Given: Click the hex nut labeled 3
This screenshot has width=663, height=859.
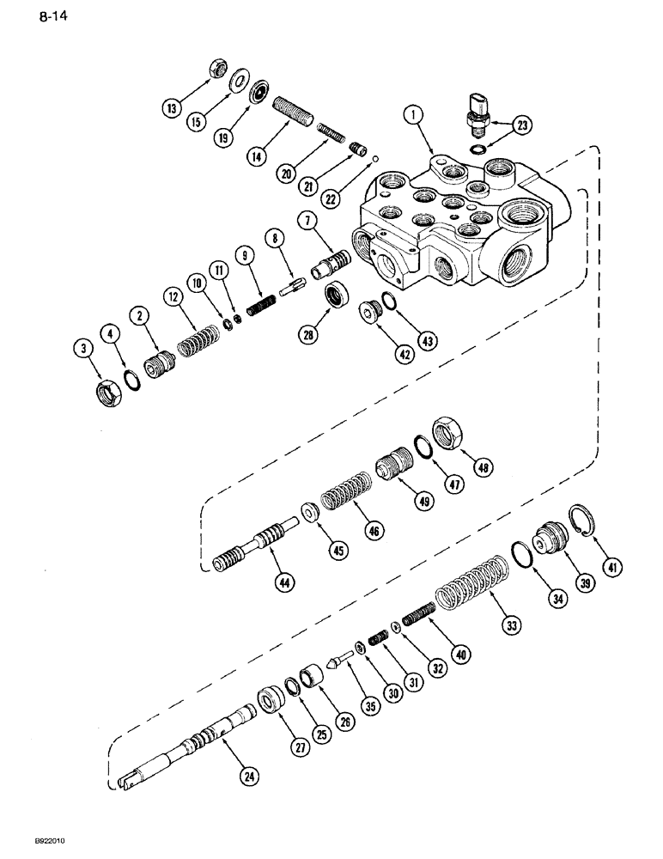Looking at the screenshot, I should [x=109, y=394].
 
